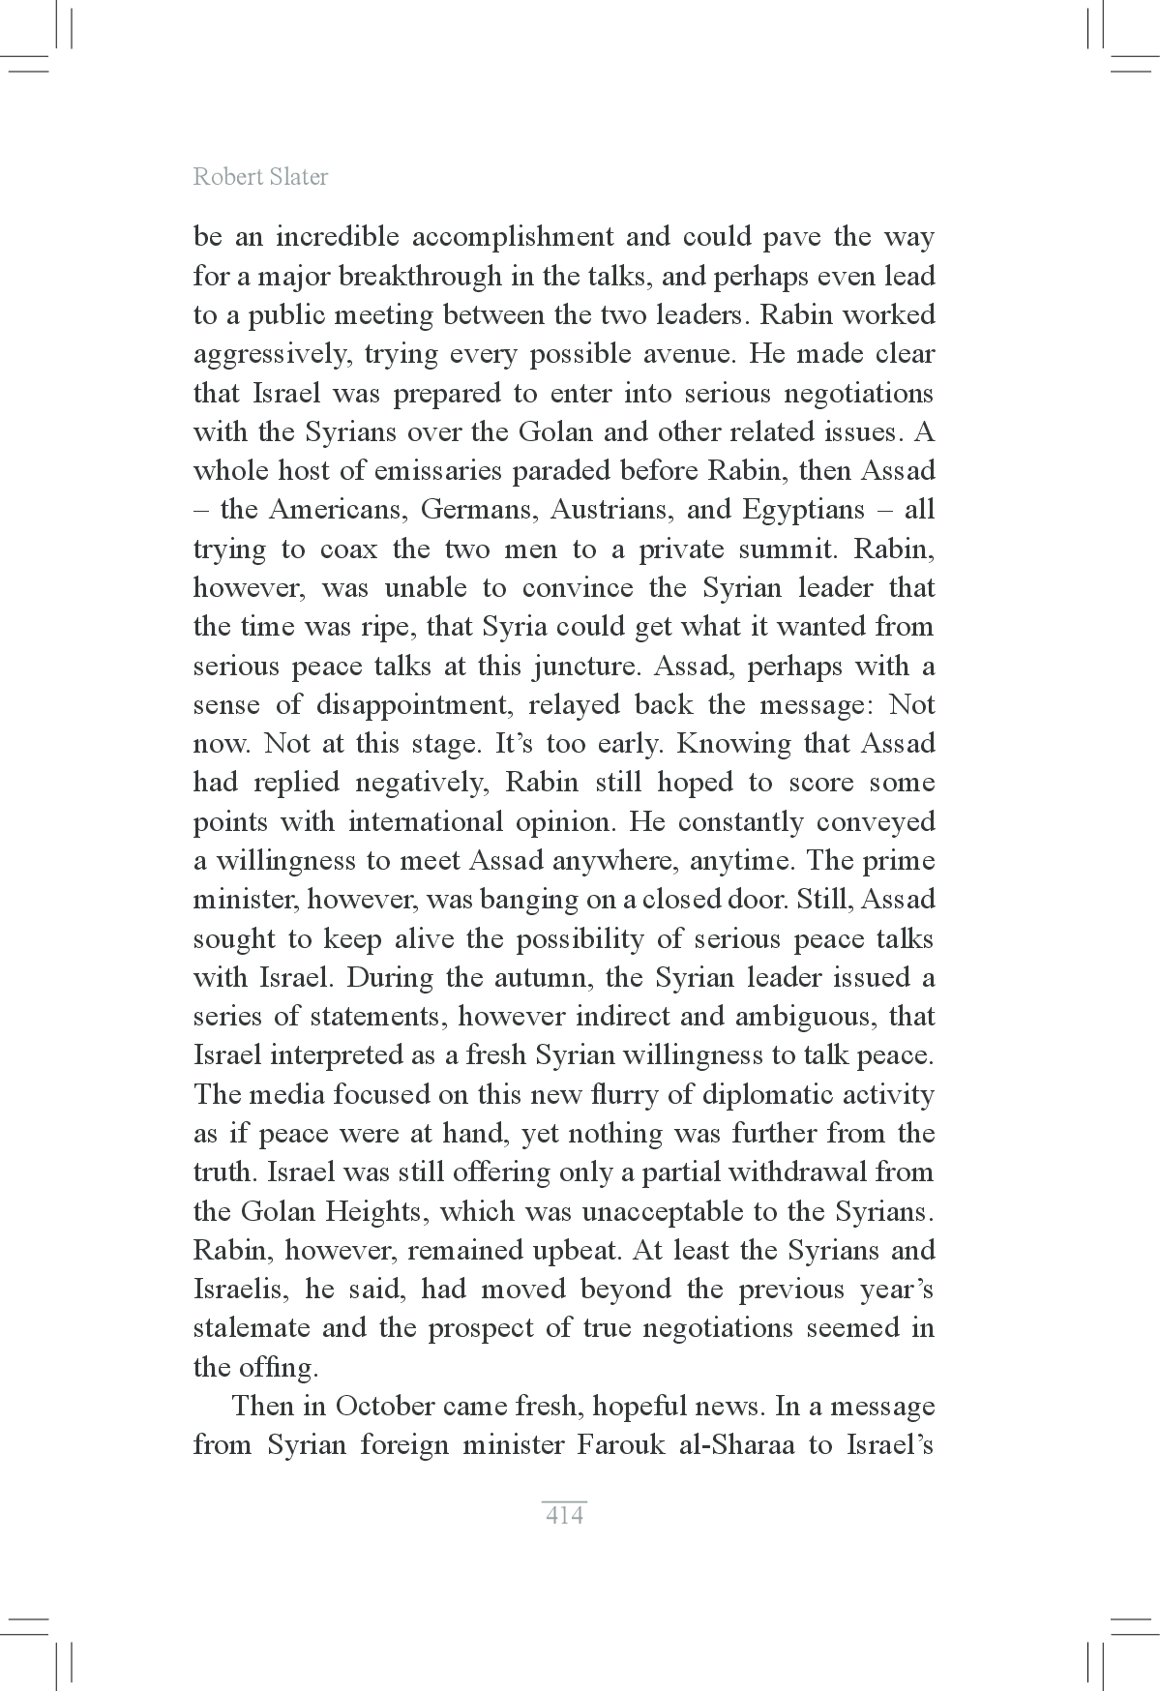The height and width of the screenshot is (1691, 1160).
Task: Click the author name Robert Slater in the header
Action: pyautogui.click(x=260, y=177)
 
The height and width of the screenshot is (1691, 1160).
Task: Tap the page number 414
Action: pyautogui.click(x=564, y=1515)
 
